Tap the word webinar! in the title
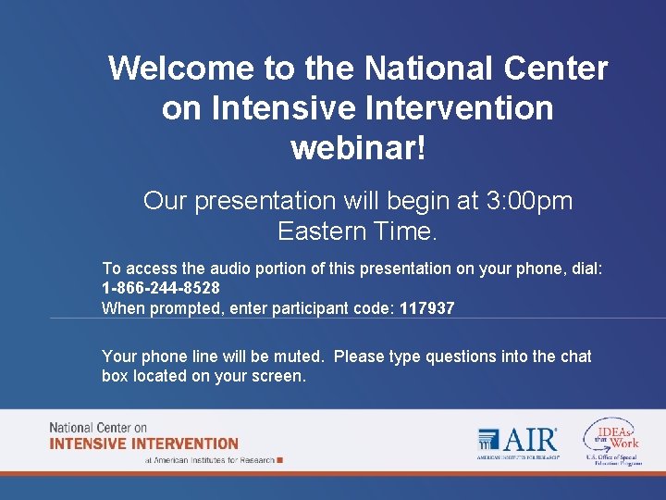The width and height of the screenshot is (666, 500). coord(358,148)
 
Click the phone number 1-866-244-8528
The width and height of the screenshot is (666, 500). coord(161,288)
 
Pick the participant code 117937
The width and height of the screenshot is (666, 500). coord(427,308)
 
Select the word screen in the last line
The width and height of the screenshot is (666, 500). coord(277,376)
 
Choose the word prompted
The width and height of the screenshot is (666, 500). coord(181,308)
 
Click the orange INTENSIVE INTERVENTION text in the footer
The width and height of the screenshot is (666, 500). coord(144,444)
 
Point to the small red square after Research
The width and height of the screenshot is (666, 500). coord(280,459)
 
